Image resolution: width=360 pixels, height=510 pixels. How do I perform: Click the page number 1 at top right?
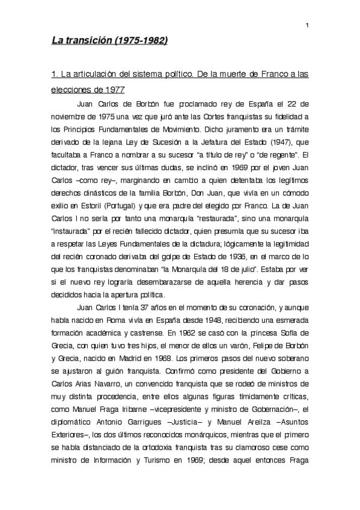point(307,25)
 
